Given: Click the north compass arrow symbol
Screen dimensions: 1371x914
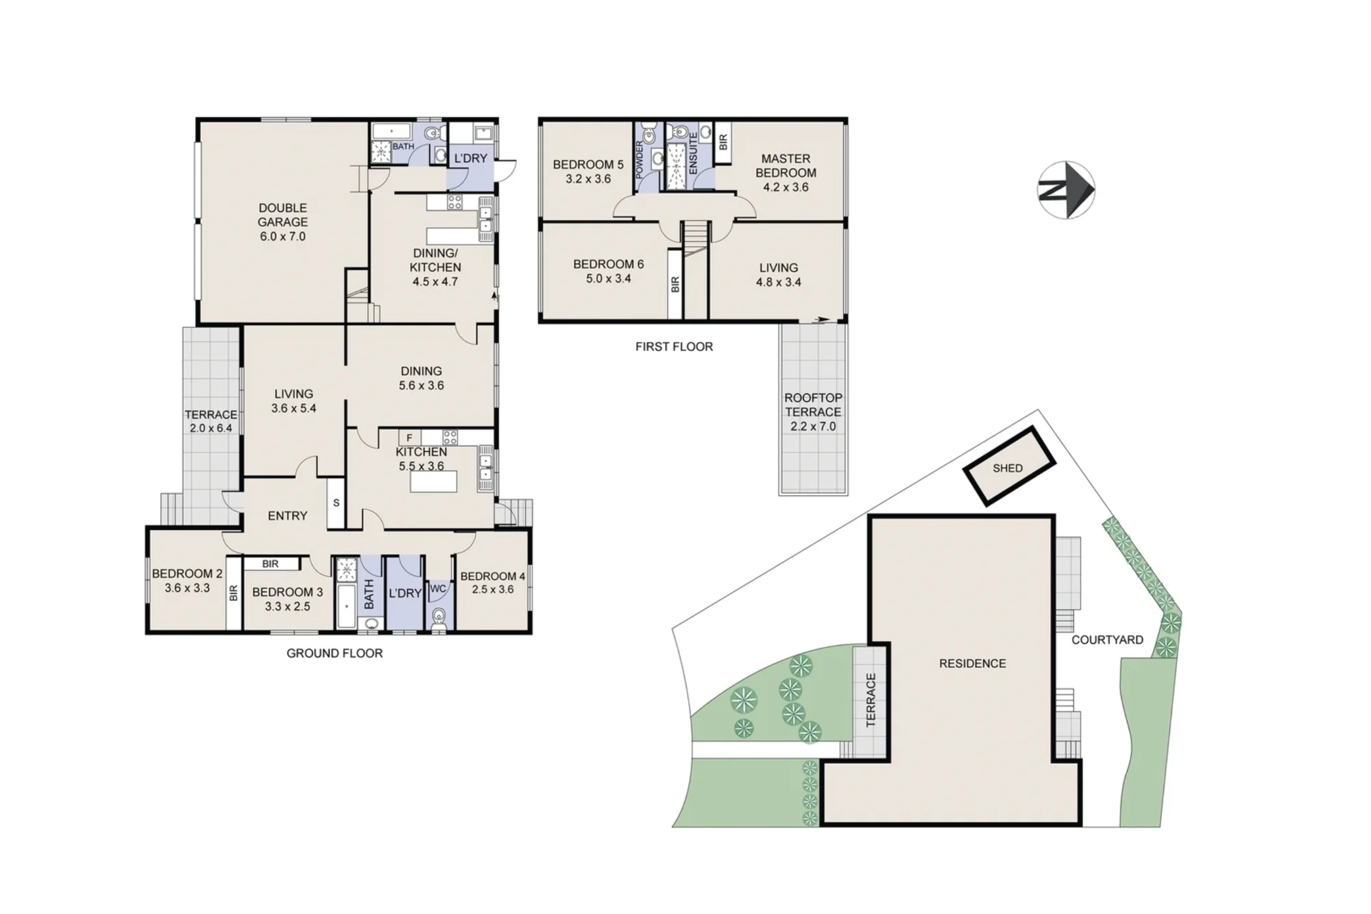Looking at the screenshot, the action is (x=1066, y=190).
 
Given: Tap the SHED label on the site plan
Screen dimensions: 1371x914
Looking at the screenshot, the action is (x=1008, y=468).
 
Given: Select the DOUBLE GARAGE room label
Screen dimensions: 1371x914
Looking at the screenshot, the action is (x=282, y=215).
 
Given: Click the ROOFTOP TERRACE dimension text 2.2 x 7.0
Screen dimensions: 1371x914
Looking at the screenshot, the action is (x=813, y=426).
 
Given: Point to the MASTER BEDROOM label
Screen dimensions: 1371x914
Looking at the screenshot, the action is (x=786, y=165).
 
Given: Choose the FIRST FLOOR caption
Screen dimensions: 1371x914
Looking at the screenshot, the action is (x=674, y=346).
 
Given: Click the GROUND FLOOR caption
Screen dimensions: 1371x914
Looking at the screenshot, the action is (x=335, y=653).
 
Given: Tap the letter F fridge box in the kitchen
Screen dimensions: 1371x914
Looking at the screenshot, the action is (x=409, y=438).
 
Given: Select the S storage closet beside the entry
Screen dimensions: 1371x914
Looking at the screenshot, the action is (x=336, y=503).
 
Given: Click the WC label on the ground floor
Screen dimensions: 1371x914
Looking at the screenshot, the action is (x=438, y=588).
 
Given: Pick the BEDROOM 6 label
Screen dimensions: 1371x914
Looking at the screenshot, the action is (x=609, y=264).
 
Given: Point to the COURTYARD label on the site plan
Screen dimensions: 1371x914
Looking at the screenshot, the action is (x=1108, y=640).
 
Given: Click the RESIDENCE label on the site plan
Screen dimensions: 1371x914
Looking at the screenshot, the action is (x=973, y=663).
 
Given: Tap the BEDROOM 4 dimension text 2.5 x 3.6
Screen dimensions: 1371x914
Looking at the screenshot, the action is (x=492, y=589).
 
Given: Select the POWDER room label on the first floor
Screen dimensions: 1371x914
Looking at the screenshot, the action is (x=640, y=160).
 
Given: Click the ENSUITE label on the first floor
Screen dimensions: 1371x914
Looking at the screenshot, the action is (x=693, y=152).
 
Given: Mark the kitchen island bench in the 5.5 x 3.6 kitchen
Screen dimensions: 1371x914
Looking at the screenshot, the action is (x=433, y=483).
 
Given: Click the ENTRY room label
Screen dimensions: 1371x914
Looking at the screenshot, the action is (x=287, y=516).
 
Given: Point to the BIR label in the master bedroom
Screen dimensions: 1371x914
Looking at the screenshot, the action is (x=723, y=143).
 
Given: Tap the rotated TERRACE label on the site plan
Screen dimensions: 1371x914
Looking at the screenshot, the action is (x=871, y=700).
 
